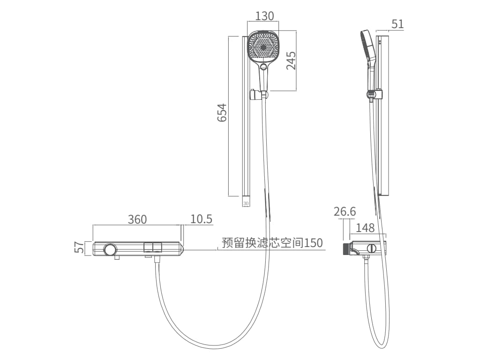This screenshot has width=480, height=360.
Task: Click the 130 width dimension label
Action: click(x=264, y=16)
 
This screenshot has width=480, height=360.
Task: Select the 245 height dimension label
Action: click(x=291, y=60)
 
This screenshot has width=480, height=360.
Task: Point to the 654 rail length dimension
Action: click(x=222, y=112)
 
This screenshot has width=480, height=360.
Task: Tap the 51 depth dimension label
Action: click(x=397, y=24)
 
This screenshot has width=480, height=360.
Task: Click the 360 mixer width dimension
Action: click(x=137, y=219)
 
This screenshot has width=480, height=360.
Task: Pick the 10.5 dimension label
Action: click(x=201, y=219)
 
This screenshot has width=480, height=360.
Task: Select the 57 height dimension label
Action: click(x=79, y=247)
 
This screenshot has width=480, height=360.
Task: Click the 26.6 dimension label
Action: click(x=345, y=211)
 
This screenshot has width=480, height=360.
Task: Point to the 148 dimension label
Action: click(x=365, y=228)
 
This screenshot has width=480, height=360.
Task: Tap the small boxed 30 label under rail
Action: click(x=246, y=203)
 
